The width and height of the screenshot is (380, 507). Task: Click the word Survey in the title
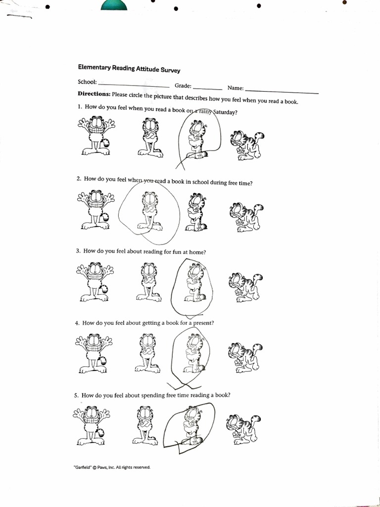(170, 70)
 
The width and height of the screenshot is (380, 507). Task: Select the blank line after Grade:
(207, 87)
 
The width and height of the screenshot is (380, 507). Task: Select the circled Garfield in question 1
(196, 140)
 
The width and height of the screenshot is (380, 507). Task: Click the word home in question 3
(197, 252)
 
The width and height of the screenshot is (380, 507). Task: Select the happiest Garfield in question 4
(94, 353)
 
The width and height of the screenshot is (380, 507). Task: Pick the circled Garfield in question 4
(192, 354)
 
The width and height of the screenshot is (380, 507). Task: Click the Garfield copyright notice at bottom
(111, 467)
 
